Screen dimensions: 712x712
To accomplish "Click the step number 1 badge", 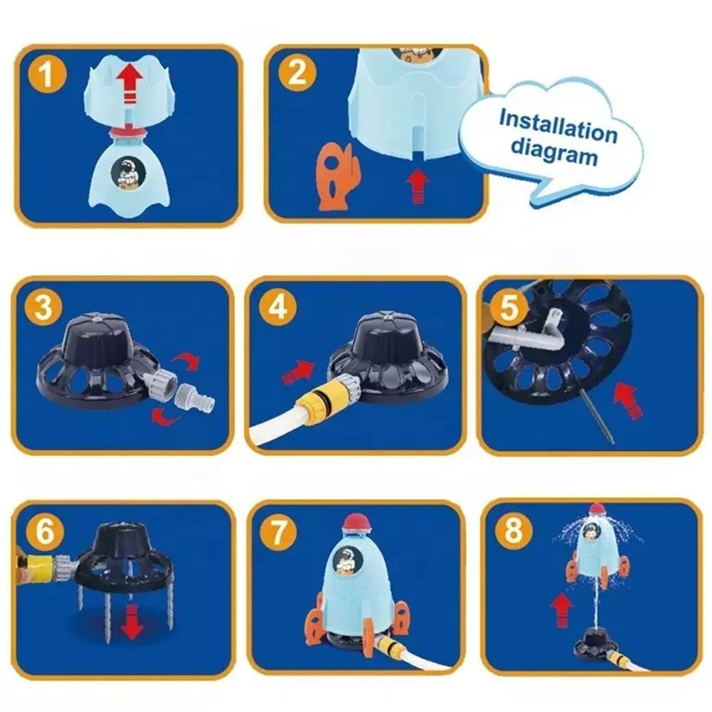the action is click(x=47, y=74).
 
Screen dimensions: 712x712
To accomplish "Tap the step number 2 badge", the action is click(x=297, y=73).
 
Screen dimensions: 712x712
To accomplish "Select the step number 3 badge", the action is click(x=43, y=307).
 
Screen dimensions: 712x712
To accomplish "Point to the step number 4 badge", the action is click(x=278, y=307).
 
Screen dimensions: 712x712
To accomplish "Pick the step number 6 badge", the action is click(x=45, y=531).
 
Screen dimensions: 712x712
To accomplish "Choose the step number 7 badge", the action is click(x=278, y=531).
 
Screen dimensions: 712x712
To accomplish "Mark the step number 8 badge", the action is click(x=513, y=529).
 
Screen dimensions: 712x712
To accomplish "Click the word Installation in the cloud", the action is click(x=558, y=126).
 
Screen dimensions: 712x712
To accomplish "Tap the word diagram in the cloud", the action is click(x=554, y=152).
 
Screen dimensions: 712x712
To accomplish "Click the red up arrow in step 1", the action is click(x=129, y=84).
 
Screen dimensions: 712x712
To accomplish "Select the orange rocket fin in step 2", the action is click(x=337, y=176).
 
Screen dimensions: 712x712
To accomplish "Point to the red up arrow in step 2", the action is click(x=418, y=185).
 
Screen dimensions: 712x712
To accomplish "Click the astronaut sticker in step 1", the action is click(x=128, y=174).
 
